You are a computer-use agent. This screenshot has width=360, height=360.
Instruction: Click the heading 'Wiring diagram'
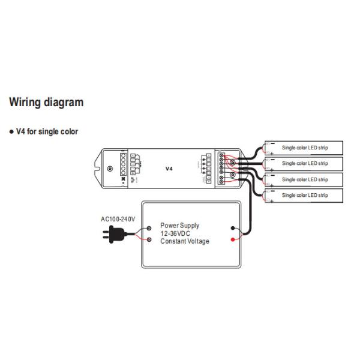(46, 103)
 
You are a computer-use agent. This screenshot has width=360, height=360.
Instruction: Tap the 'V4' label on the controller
(169, 169)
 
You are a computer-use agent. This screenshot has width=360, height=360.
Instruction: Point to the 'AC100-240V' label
(118, 219)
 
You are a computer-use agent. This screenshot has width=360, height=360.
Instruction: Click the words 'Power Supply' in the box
(179, 226)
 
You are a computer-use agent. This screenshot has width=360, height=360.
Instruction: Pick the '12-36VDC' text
(176, 233)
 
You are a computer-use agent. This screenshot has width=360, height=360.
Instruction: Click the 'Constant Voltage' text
(185, 241)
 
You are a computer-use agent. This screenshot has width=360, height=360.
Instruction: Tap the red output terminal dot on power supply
(233, 239)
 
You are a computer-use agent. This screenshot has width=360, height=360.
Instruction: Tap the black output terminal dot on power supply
(233, 228)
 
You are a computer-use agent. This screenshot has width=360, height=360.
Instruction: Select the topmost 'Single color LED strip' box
(304, 148)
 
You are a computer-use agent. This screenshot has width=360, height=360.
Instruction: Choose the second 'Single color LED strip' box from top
(304, 163)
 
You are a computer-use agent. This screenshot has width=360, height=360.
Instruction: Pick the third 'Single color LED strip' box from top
(304, 179)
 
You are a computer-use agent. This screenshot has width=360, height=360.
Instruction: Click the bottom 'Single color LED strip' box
(304, 196)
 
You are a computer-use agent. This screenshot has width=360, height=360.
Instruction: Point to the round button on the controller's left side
(109, 169)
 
